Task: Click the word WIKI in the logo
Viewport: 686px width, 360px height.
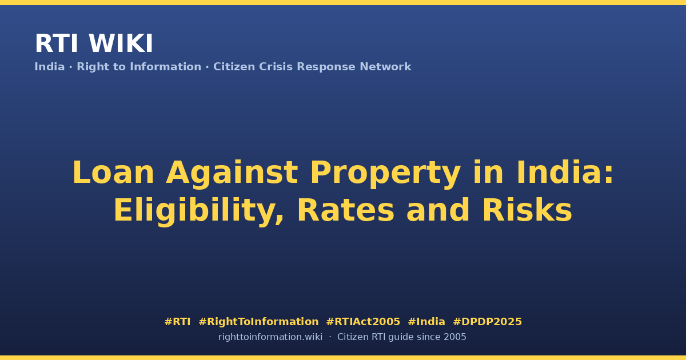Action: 121,43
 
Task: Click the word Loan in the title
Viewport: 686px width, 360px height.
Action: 113,173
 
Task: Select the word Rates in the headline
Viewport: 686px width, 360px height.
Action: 346,210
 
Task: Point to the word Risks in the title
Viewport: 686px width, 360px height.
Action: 527,210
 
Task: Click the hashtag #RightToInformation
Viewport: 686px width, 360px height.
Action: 258,322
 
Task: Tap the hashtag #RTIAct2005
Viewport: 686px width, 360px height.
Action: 363,322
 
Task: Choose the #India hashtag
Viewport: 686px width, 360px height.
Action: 426,322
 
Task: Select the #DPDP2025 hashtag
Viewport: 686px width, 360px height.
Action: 487,322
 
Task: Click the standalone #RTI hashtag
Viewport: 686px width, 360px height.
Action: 177,322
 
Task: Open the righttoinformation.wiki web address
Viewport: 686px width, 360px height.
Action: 270,337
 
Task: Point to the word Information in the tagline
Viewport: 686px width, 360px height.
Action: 166,66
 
